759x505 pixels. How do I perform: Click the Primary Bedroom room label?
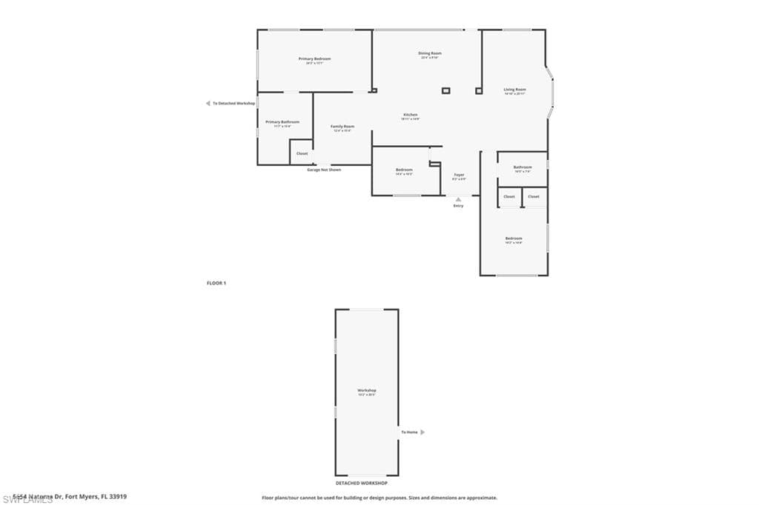(314, 59)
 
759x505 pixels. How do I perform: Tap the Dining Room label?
(430, 53)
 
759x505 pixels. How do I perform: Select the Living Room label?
(514, 90)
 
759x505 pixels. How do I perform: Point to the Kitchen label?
(411, 115)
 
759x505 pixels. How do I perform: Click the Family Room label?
(342, 127)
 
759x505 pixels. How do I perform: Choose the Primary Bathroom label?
(282, 121)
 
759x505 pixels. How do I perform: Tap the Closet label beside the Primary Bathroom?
(302, 153)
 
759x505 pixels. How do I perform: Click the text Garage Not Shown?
(324, 170)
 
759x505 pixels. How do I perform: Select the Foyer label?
(460, 175)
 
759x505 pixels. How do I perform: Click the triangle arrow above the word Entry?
(458, 199)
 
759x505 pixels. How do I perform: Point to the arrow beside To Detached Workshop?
(208, 104)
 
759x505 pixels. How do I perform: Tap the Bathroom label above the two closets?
(523, 167)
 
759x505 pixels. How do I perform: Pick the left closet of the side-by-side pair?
(509, 197)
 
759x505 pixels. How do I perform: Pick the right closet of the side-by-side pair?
(534, 197)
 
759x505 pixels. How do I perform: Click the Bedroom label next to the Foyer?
(404, 170)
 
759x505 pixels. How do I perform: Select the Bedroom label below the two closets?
(514, 238)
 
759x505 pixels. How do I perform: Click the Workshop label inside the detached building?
(367, 390)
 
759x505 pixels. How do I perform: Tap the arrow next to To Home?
(422, 432)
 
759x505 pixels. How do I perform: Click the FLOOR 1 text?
(216, 283)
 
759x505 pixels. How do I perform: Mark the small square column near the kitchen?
(445, 90)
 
